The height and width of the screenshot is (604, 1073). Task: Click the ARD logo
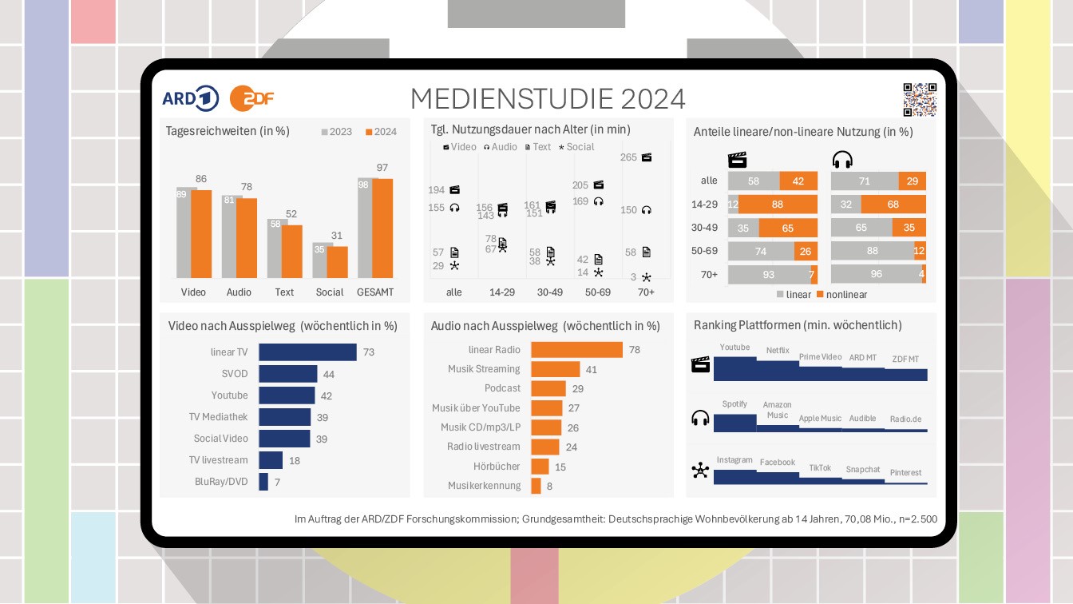click(190, 97)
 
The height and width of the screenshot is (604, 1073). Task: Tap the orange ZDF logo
click(251, 97)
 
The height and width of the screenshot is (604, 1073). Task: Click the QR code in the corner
click(919, 99)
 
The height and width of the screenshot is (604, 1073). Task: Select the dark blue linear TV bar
click(307, 352)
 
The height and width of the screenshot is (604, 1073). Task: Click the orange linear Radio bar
click(576, 350)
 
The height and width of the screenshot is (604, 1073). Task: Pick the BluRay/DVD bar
click(263, 482)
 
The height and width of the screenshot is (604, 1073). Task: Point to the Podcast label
click(502, 388)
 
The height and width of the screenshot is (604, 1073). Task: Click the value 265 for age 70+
click(628, 157)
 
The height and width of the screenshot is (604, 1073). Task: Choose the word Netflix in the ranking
click(778, 350)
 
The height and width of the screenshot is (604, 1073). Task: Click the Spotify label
click(734, 404)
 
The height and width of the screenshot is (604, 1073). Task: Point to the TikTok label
click(820, 468)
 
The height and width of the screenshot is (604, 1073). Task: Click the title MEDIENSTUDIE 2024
click(548, 98)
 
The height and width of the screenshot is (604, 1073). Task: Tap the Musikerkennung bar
click(536, 486)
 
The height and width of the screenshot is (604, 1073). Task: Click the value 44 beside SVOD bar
click(328, 374)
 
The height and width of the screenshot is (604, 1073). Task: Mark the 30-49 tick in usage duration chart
click(549, 292)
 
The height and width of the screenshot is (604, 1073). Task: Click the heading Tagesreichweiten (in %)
click(227, 131)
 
